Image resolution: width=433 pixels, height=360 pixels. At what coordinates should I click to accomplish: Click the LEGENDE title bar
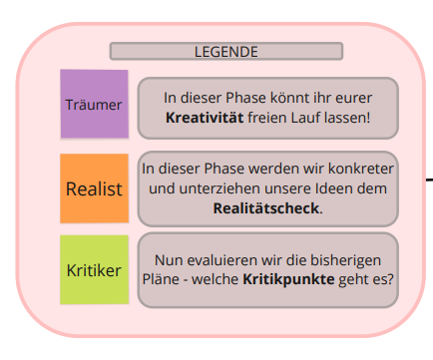coord(225,51)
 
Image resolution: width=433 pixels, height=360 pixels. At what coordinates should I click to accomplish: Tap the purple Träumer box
coord(94,104)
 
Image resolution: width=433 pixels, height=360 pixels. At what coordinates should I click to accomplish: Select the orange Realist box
coord(94,187)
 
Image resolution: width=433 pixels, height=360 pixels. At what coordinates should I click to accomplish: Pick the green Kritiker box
coord(94,269)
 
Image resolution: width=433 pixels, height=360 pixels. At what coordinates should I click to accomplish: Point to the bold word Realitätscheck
coord(266,208)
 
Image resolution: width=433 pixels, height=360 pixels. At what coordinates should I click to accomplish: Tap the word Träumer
coord(94,104)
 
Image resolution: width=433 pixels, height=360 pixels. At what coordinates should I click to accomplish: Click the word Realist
coord(94,187)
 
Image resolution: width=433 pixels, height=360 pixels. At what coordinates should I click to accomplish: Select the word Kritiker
coord(94,269)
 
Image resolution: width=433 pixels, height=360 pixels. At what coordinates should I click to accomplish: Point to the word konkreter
coord(358,171)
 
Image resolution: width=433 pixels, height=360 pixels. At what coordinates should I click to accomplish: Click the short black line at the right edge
coord(428,180)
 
